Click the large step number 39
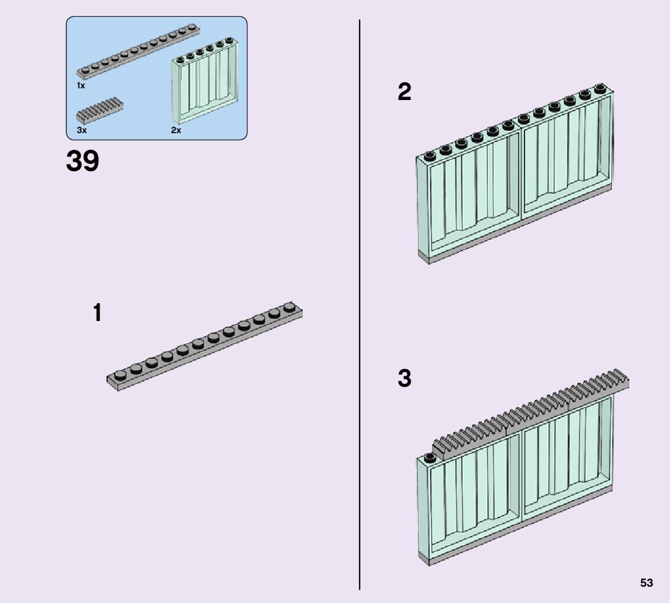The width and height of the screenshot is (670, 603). coord(83,161)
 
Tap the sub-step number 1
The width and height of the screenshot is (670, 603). coord(97,313)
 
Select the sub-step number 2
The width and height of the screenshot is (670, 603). coord(405,92)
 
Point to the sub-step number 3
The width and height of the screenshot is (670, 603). coord(405,379)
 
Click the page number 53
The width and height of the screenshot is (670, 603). coord(646,583)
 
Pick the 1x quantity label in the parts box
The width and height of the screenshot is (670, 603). coord(81,85)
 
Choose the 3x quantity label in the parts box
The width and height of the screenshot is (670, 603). coord(81,130)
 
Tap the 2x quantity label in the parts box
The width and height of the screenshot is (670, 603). coord(176,130)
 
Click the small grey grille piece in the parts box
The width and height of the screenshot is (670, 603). coord(100,110)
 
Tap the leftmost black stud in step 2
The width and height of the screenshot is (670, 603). coord(430,155)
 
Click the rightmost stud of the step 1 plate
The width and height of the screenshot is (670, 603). coord(289,306)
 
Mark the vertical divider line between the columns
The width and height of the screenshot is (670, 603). coord(360,302)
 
